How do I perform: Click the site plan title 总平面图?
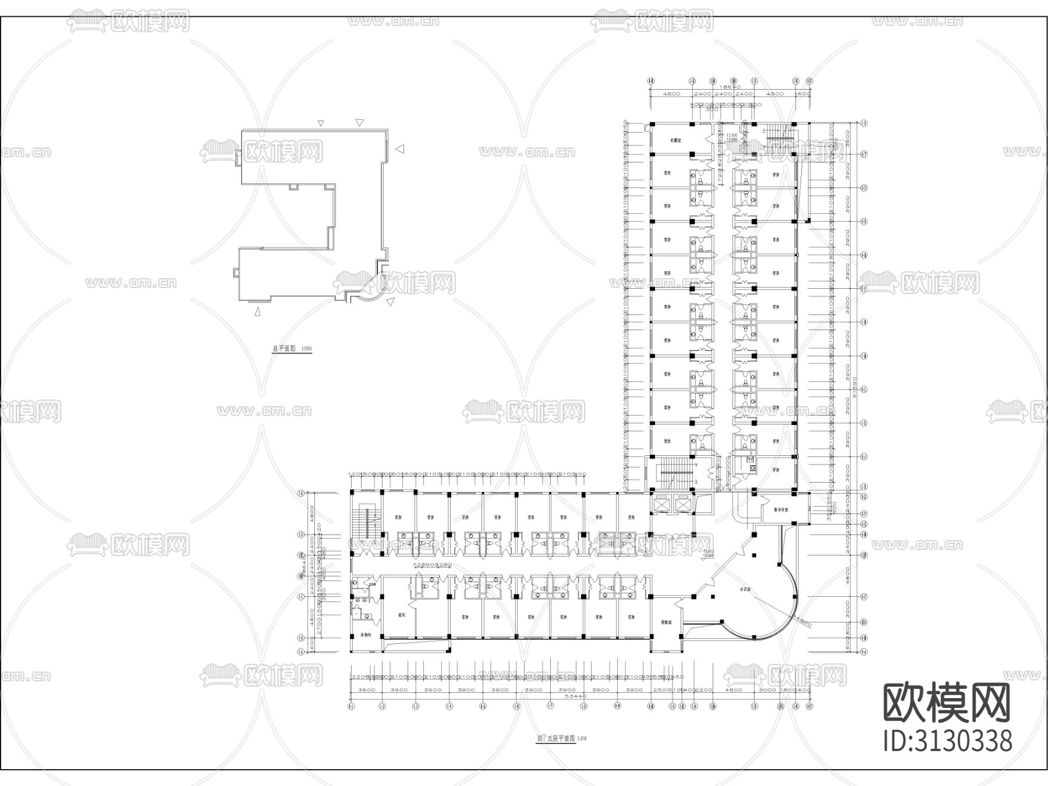(x=284, y=349)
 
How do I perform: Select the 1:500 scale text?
(x=306, y=349)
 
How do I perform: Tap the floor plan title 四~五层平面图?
(x=555, y=738)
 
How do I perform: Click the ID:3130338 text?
(x=948, y=741)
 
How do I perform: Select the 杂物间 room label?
(x=366, y=635)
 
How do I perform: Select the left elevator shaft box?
(x=663, y=504)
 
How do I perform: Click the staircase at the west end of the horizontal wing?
(x=366, y=521)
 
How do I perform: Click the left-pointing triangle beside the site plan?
(x=399, y=149)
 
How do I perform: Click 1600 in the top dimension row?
(x=803, y=94)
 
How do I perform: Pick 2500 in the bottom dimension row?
(x=661, y=689)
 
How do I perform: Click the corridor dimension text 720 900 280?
(x=432, y=565)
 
